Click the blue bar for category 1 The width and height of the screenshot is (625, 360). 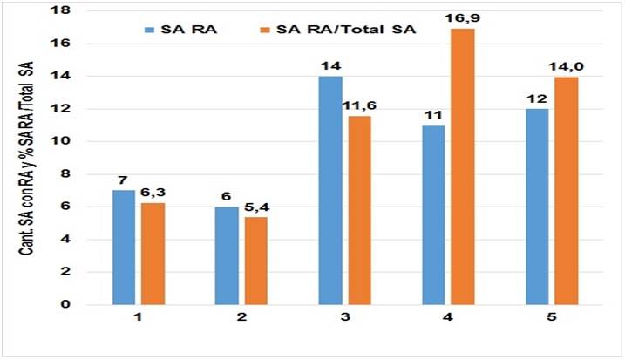click(x=124, y=248)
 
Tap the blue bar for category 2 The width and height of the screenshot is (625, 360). click(x=226, y=255)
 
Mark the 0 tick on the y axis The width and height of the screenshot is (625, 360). click(x=68, y=304)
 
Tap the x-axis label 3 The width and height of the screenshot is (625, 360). click(x=342, y=319)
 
